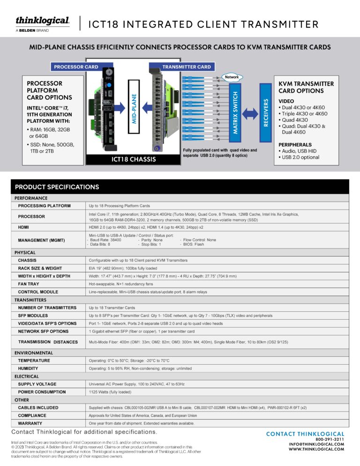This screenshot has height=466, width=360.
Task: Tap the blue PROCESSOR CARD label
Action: [75, 67]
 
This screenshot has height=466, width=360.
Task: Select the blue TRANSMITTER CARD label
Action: [186, 67]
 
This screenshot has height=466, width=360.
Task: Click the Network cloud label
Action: [232, 76]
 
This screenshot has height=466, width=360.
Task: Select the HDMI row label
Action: [24, 227]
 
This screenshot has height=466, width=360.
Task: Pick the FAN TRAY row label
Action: [29, 284]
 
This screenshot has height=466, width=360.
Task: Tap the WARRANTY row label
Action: [30, 423]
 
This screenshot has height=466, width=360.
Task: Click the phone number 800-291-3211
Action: [329, 439]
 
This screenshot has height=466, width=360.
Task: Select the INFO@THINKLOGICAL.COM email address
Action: [316, 444]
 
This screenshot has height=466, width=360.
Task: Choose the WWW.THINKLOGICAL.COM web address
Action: [316, 449]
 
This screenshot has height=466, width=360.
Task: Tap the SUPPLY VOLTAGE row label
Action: [37, 384]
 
